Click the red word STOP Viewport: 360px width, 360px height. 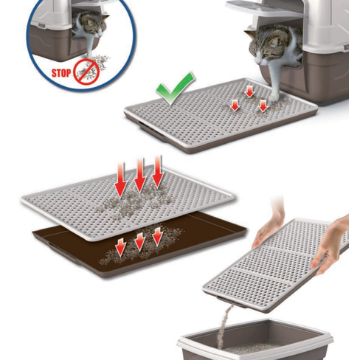click(61, 73)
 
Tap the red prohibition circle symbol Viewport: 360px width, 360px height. click(86, 72)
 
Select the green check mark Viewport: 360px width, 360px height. click(175, 88)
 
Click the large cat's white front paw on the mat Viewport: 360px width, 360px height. click(273, 98)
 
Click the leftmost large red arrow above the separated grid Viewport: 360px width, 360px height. click(121, 181)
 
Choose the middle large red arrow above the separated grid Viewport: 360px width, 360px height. click(140, 175)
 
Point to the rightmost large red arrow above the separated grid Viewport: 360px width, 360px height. click(157, 172)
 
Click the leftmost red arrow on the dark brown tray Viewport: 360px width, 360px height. click(121, 246)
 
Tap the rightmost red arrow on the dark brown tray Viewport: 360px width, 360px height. click(157, 235)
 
